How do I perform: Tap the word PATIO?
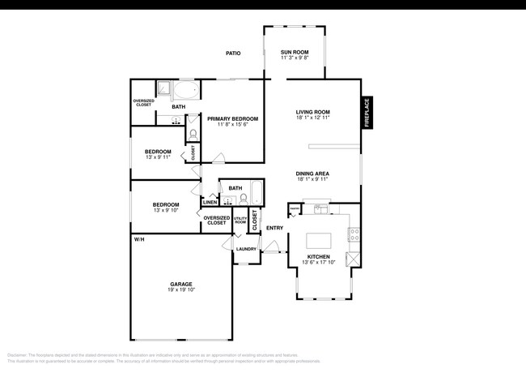point(233,54)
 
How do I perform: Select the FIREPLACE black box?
point(367,113)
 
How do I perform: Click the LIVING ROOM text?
point(312,113)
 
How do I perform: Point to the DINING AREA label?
point(312,174)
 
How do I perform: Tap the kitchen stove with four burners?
point(354,235)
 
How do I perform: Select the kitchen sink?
point(321,209)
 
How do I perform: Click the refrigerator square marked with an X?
point(352,260)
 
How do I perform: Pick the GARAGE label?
point(180,284)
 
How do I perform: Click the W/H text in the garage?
point(139,239)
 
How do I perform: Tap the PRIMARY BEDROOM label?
point(227,119)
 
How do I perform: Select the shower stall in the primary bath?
point(163,90)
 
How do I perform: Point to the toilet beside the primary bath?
point(193,133)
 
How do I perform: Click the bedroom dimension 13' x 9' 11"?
point(158,156)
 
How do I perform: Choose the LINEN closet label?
point(209,203)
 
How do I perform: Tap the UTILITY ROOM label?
point(240,220)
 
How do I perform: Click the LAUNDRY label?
point(246,249)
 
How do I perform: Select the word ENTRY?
point(274,228)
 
